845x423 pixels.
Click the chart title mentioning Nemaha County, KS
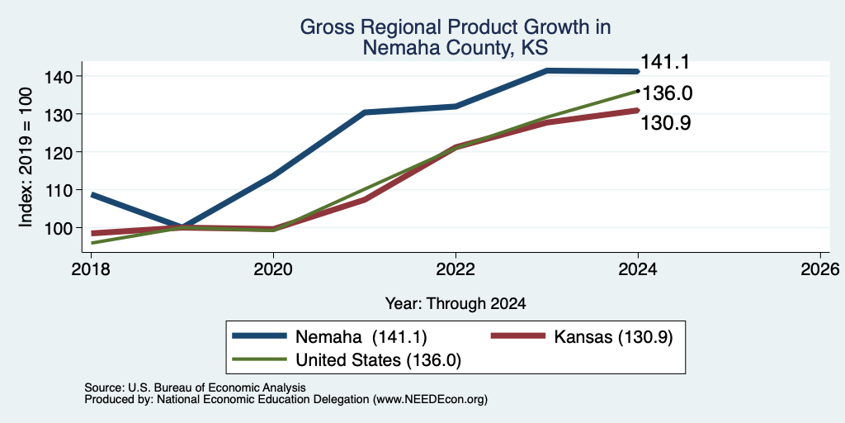click(456, 37)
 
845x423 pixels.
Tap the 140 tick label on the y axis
click(57, 77)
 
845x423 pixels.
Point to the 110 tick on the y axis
click(57, 190)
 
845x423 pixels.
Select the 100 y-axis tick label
click(57, 228)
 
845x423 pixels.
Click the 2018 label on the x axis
click(91, 269)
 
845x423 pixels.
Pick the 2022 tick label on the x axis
click(456, 269)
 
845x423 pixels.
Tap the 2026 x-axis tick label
click(821, 269)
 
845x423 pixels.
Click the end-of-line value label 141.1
click(665, 63)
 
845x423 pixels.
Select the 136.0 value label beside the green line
click(667, 93)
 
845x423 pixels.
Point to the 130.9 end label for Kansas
click(666, 123)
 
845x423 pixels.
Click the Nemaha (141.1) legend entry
click(330, 337)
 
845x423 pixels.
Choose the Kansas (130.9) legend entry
click(582, 337)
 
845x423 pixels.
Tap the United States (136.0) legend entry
click(347, 360)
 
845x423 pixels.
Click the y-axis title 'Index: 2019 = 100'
click(26, 157)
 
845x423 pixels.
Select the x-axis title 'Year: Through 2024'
click(456, 304)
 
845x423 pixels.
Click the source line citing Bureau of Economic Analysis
click(195, 387)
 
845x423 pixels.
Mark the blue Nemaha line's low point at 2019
click(182, 226)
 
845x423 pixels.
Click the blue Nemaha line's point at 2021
click(364, 112)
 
